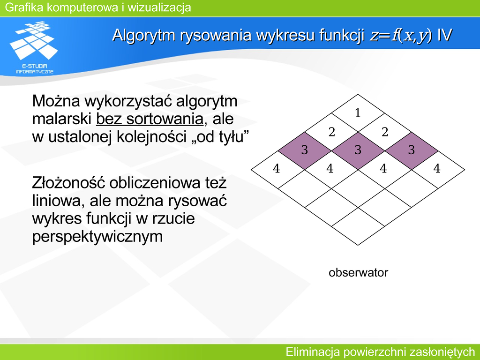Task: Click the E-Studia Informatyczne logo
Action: (x=34, y=47)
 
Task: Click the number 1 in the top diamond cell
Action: (x=358, y=113)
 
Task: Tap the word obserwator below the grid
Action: (x=358, y=272)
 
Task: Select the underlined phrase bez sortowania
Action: (x=150, y=119)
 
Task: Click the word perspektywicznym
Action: (x=97, y=237)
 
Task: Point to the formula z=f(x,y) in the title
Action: (x=401, y=35)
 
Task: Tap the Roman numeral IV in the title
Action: (x=444, y=35)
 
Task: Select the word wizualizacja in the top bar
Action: (x=159, y=7)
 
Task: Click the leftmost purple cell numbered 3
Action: (x=305, y=150)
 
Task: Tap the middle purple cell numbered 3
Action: (x=358, y=150)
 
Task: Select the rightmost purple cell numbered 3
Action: (x=411, y=150)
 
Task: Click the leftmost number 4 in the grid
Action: (x=277, y=168)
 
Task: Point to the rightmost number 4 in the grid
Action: (x=437, y=168)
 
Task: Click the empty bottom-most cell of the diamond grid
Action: (x=358, y=226)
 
